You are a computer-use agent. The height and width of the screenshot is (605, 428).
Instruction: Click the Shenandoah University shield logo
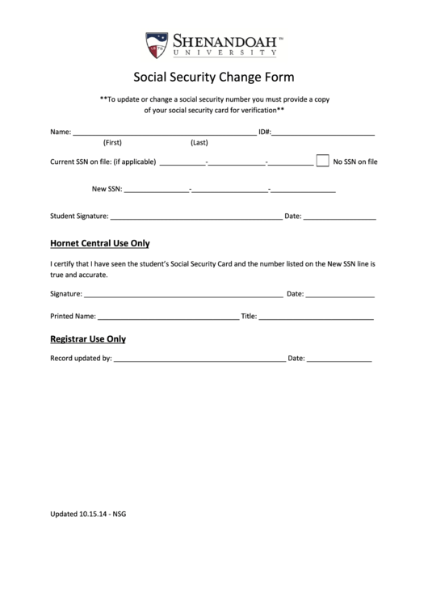(157, 44)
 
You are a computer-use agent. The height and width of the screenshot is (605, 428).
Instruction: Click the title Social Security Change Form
(214, 78)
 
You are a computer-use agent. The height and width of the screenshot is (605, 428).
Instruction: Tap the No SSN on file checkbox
(322, 160)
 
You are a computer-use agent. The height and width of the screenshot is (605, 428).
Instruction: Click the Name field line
(164, 132)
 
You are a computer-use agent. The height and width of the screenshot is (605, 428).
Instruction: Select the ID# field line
(323, 132)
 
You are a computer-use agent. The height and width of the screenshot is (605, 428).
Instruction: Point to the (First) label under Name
(113, 143)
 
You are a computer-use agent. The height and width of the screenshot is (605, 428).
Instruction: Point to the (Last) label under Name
(199, 143)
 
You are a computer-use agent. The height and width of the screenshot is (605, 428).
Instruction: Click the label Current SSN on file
(103, 162)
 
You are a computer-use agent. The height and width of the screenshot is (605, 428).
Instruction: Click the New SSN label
(107, 189)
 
